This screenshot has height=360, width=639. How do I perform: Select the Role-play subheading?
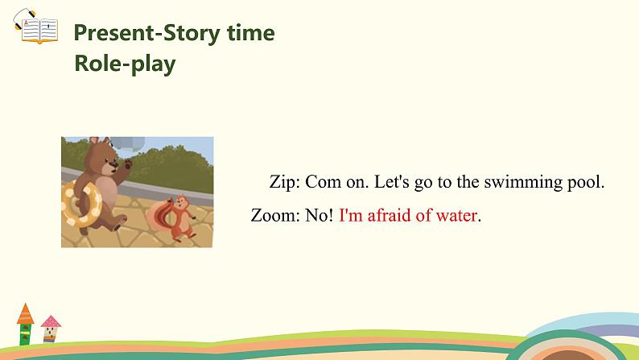[x=125, y=64]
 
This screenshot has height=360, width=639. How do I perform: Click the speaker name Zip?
[x=283, y=182]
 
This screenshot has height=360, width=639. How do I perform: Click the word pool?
[x=585, y=182]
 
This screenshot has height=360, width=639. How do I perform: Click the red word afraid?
[x=392, y=215]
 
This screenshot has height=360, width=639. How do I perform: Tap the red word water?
[x=455, y=215]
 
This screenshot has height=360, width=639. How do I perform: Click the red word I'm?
[x=352, y=215]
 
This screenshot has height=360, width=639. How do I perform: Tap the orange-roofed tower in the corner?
[x=25, y=322]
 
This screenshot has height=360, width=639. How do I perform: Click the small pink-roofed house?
[x=51, y=329]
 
